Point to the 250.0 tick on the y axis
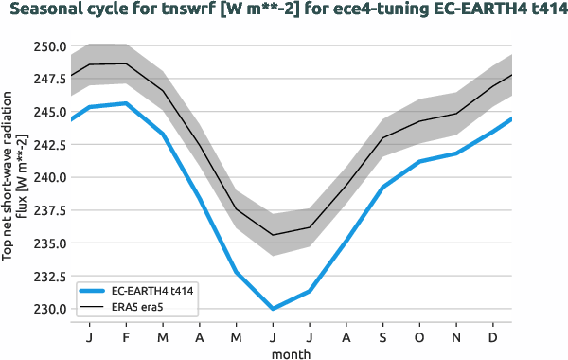tap(47, 45)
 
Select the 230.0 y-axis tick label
tap(47, 309)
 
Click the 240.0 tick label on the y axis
tap(47, 177)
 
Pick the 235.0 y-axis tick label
tap(47, 243)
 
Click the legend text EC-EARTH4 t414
tap(154, 291)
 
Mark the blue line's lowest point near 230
tap(273, 309)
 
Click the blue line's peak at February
tap(126, 103)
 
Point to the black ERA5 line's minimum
tap(273, 235)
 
